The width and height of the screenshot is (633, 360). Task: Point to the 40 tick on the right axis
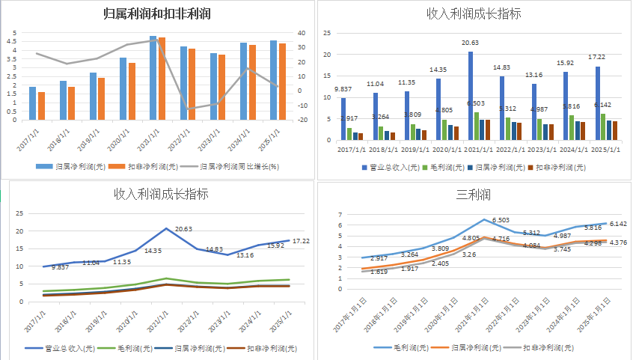pos(301,33)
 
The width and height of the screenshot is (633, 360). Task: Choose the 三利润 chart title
pos(474,195)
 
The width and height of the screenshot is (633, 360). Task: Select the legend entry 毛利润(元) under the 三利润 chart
pos(407,347)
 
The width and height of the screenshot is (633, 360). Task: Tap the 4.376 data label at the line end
pos(619,242)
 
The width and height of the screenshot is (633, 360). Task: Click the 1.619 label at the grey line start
pos(358,272)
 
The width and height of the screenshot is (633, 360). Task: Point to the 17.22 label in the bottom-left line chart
pos(301,241)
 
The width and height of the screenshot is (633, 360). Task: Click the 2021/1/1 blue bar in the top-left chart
pos(153,78)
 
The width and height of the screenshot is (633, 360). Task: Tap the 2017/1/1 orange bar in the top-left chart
pos(42,106)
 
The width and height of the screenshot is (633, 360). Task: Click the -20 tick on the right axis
pos(302,120)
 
